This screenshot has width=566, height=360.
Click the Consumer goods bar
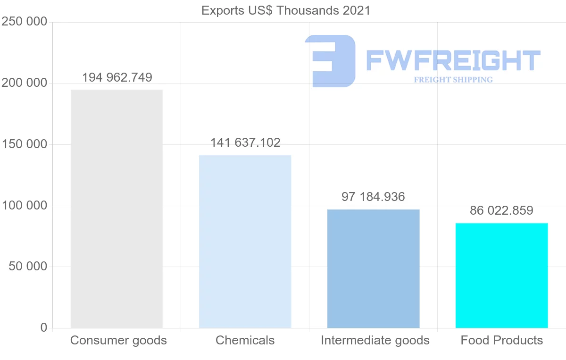coord(117,209)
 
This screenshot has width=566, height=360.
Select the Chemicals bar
coord(245,241)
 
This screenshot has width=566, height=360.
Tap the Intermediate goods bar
coord(373,268)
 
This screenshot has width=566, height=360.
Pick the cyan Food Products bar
coord(501,275)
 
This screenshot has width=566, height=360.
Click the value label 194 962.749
coord(117,77)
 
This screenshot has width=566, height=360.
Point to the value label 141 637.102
coord(245,142)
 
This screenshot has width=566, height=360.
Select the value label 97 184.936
coord(373,197)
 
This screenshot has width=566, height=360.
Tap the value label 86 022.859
coord(501,210)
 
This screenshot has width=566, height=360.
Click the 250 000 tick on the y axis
coord(25,22)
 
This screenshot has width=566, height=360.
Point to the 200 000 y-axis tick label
coord(25,83)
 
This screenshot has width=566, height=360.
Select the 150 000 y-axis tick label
coord(25,144)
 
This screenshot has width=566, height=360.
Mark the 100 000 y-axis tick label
coord(25,206)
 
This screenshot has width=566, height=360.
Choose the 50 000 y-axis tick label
coord(28,267)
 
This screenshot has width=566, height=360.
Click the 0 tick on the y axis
coord(44,327)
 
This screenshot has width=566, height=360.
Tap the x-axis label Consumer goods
coord(118,340)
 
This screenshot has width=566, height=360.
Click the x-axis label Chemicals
coord(245,340)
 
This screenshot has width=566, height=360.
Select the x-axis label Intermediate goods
coord(375,340)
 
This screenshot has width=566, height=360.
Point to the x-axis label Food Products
coord(501,340)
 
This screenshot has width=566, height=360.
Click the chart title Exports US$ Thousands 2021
coord(286,10)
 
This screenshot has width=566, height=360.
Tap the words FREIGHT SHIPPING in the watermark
coord(453,80)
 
